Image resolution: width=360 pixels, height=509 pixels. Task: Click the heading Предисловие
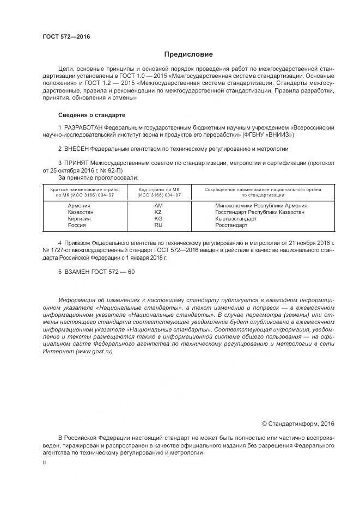pos(188,54)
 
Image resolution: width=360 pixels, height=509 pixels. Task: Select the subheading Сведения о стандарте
pos(91,115)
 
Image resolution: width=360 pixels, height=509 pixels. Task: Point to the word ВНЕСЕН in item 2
pos(76,148)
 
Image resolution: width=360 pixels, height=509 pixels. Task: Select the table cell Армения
pos(80,206)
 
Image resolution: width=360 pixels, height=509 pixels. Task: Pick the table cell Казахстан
pos(81,212)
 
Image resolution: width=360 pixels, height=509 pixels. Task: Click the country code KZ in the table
pos(158,212)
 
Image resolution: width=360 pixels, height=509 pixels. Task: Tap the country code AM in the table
pos(158,206)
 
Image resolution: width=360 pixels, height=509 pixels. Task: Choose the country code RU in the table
pos(158,224)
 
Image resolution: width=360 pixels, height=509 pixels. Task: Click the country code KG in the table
pos(158,218)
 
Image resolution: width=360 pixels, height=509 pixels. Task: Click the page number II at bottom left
pos(44,462)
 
